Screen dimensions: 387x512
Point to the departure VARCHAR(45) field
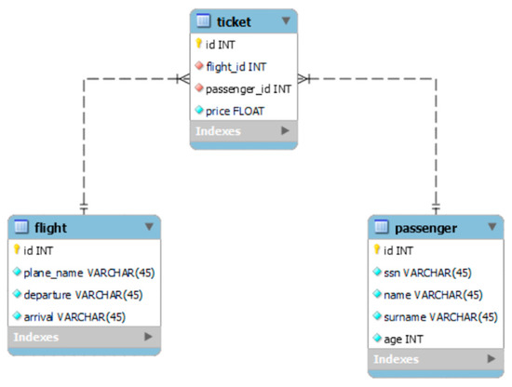click(x=83, y=294)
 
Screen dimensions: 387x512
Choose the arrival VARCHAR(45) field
click(x=74, y=316)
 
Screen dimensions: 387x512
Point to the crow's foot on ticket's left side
click(x=184, y=78)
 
